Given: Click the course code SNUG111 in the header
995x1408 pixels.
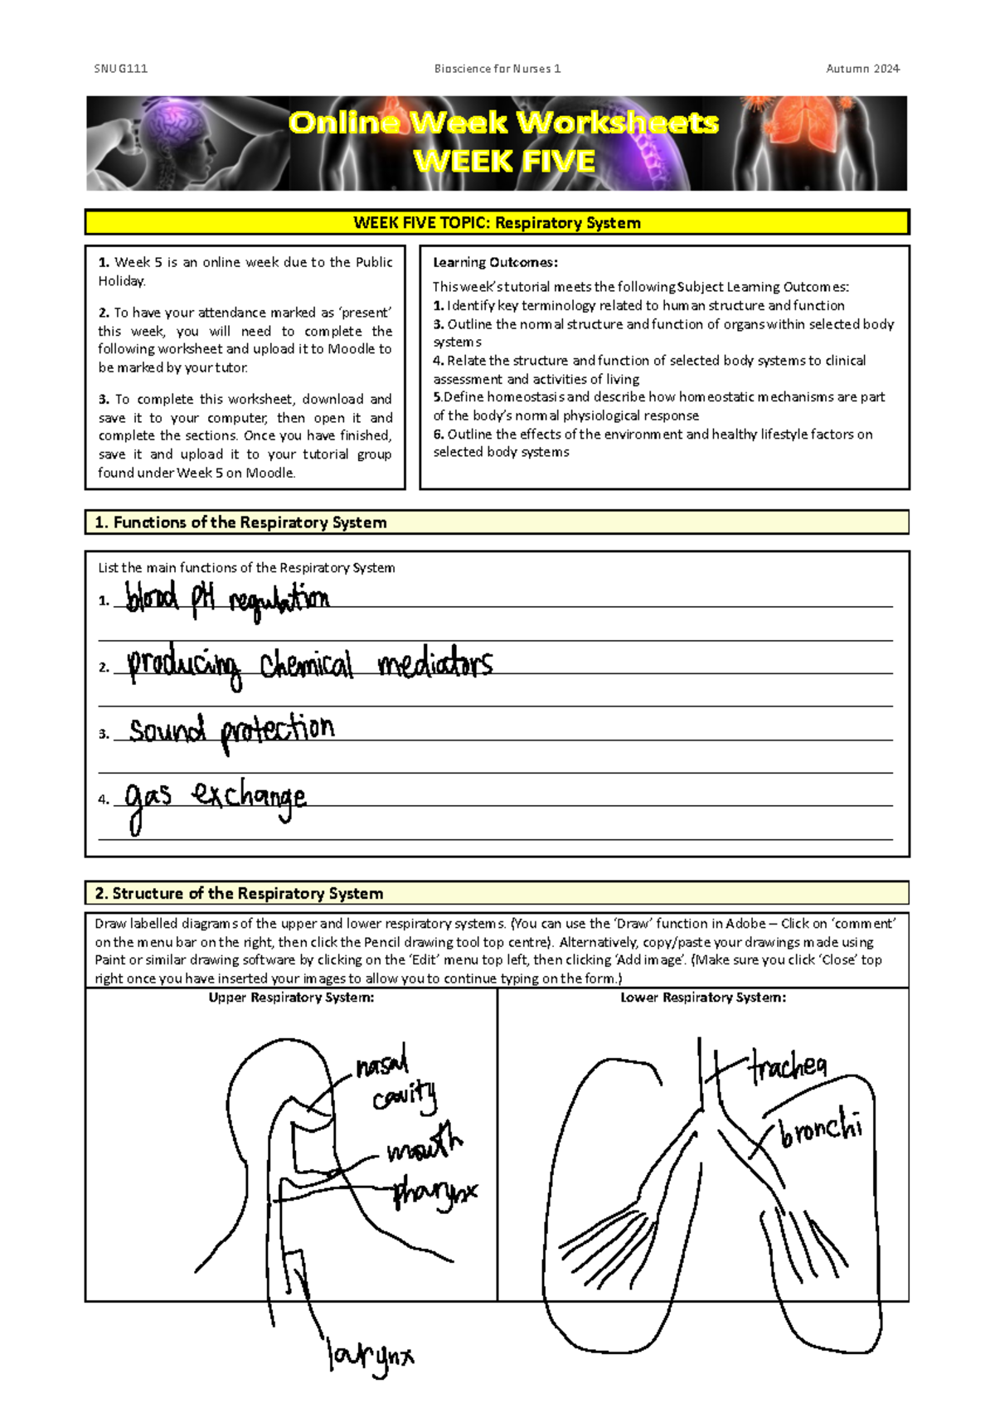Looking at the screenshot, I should click(x=120, y=69).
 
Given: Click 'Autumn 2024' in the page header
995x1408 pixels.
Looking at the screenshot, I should click(x=862, y=69).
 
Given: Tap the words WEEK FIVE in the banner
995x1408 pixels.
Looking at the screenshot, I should click(x=504, y=161).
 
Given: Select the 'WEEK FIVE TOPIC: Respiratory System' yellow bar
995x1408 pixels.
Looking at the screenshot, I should click(x=497, y=222).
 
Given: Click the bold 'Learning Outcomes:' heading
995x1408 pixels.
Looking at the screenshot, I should click(x=495, y=263).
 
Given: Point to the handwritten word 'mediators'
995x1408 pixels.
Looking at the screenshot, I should click(x=434, y=664).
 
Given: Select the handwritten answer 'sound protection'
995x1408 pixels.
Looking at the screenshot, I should click(x=231, y=731).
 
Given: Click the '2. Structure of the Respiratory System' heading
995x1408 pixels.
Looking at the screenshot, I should click(x=239, y=893).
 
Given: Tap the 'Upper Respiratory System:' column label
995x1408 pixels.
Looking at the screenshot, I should click(x=291, y=998).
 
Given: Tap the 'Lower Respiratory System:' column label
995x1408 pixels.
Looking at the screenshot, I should click(x=703, y=998).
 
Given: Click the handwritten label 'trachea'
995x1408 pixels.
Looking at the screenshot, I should click(x=788, y=1066).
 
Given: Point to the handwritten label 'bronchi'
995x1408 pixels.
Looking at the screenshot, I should click(x=821, y=1129).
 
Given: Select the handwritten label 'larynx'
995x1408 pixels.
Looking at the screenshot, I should click(x=370, y=1356).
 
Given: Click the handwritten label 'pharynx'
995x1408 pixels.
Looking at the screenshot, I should click(x=434, y=1192).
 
